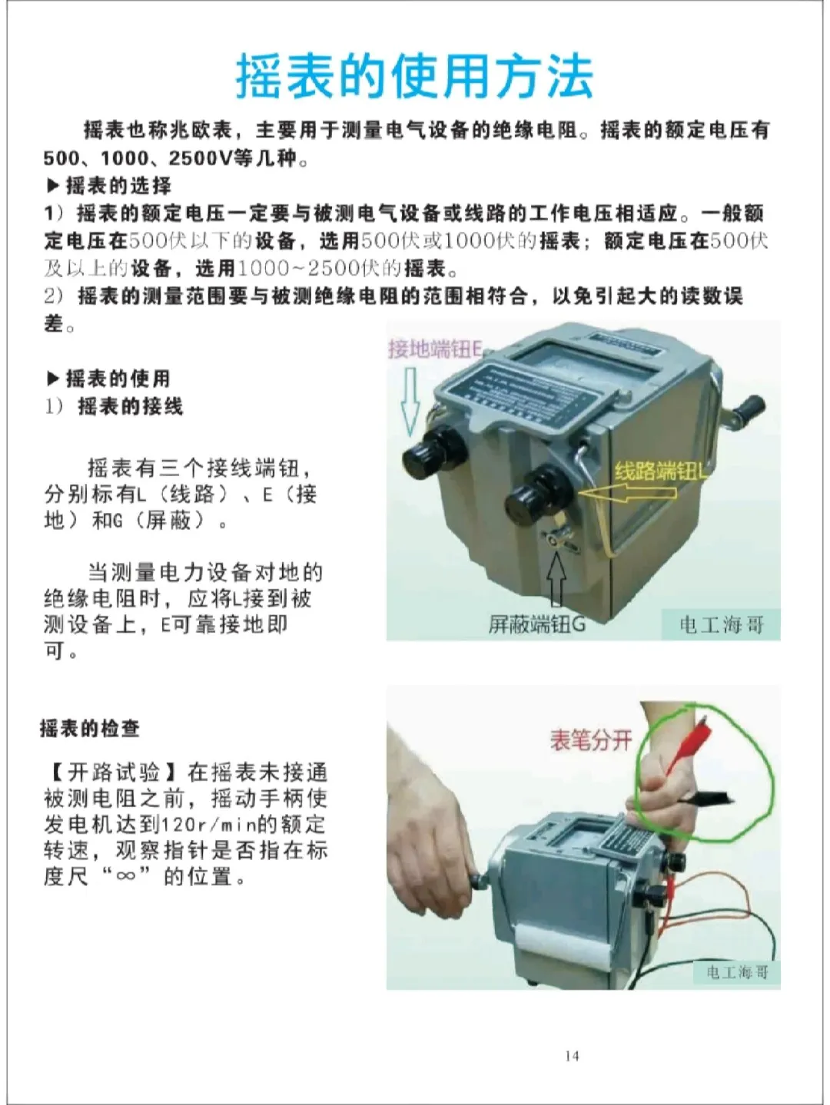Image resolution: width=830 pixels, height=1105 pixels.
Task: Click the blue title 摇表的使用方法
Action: [414, 77]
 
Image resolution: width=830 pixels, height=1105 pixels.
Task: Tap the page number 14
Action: [571, 1056]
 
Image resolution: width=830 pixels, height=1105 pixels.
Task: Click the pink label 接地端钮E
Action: [435, 349]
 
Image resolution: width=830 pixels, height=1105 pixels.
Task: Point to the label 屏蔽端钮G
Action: [536, 624]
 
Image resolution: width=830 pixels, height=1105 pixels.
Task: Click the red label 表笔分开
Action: [590, 740]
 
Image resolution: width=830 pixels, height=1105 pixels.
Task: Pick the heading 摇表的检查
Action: [90, 728]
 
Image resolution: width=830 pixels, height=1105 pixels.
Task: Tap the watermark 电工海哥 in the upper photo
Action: [720, 625]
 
